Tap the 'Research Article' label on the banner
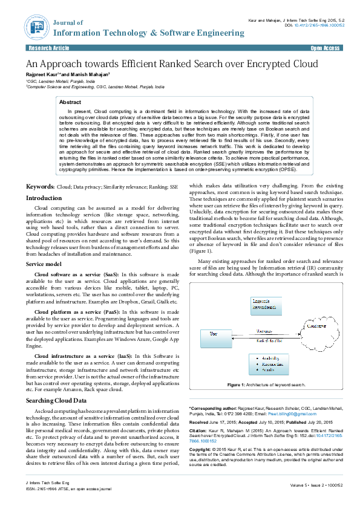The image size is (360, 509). [x=48, y=47]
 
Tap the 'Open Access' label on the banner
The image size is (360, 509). [x=326, y=47]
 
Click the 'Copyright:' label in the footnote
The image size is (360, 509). [x=201, y=450]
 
